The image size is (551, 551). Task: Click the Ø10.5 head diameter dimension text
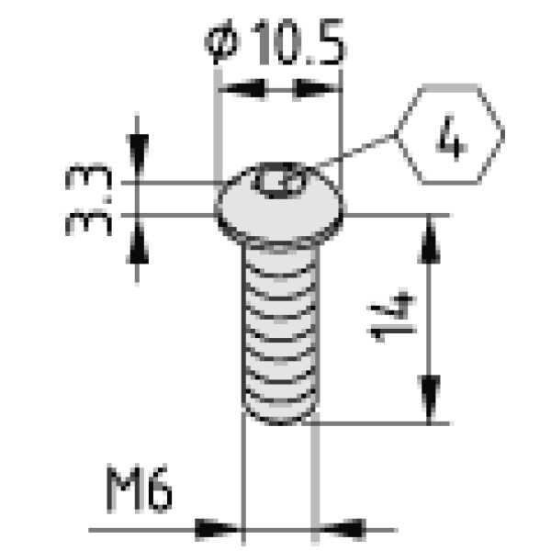[x=275, y=42]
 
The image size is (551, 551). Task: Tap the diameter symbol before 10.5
[x=222, y=42]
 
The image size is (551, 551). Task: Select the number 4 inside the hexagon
[x=452, y=138]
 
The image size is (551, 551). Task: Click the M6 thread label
[x=140, y=489]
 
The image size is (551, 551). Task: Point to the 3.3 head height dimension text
[x=88, y=199]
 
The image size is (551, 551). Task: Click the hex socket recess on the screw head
[x=280, y=180]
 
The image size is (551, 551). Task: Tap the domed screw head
[x=279, y=204]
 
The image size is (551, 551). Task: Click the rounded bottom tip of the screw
[x=280, y=415]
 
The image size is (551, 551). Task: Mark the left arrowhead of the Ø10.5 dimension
[x=243, y=88]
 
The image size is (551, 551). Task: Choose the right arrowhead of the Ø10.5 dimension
[x=314, y=88]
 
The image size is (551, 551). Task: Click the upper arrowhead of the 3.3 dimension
[x=137, y=153]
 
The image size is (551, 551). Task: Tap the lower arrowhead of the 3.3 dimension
[x=137, y=243]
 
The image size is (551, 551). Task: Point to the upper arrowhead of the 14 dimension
[x=429, y=241]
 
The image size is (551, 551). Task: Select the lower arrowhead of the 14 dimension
[x=429, y=398]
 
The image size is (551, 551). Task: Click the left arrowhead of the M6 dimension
[x=217, y=529]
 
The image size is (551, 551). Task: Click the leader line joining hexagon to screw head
[x=354, y=151]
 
